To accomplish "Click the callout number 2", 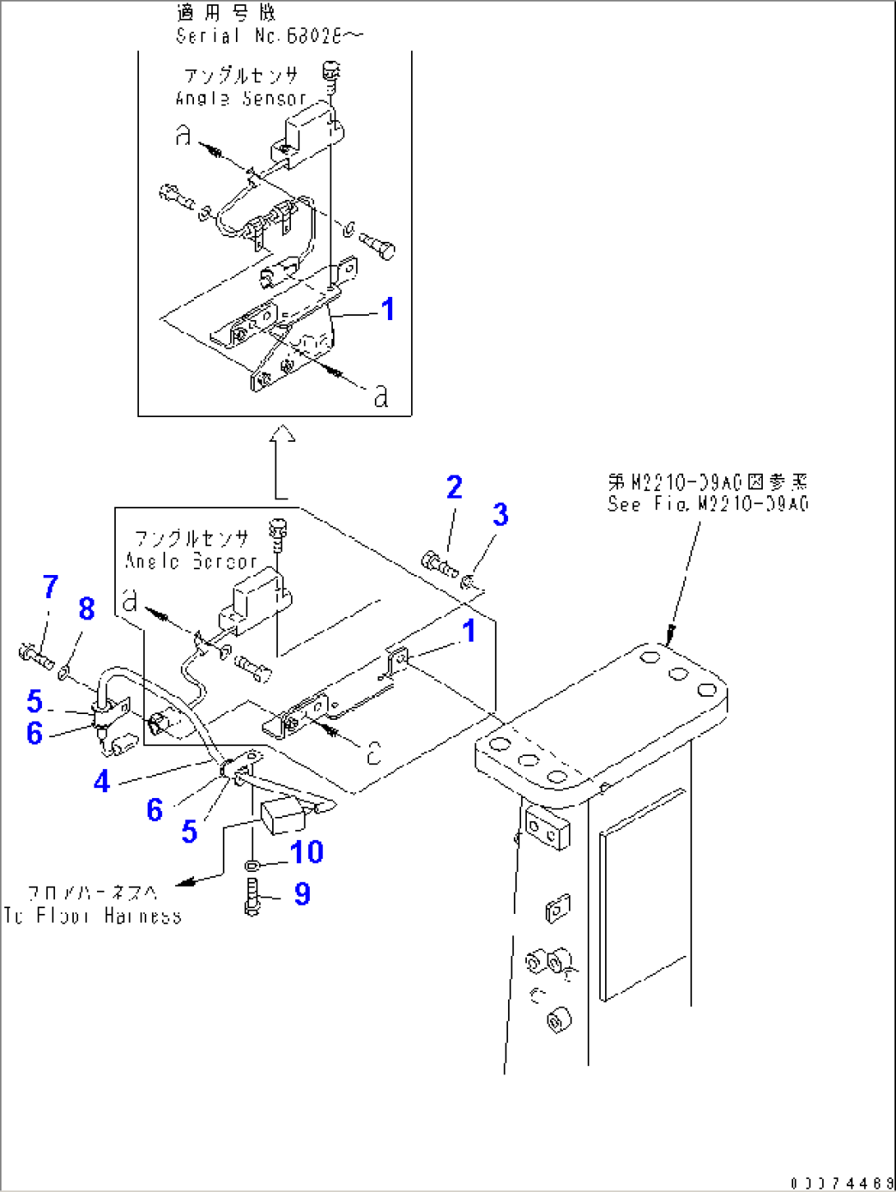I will coord(454,487).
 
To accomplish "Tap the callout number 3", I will coord(500,515).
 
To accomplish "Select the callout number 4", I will coord(101,781).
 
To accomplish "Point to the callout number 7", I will coord(50,587).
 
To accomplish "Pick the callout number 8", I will coord(86,609).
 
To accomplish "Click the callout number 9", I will coord(302,893).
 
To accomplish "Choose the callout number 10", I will coord(306,852).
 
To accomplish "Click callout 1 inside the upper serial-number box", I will coord(387,309).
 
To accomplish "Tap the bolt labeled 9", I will coord(252,896).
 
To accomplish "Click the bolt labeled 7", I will coord(35,656).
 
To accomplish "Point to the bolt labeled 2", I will coord(438,564).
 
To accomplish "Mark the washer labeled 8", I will coord(64,675).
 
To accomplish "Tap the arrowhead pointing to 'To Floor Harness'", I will coord(186,881).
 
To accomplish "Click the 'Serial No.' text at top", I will coord(269,35).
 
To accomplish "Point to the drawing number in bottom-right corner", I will coord(841,1183).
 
